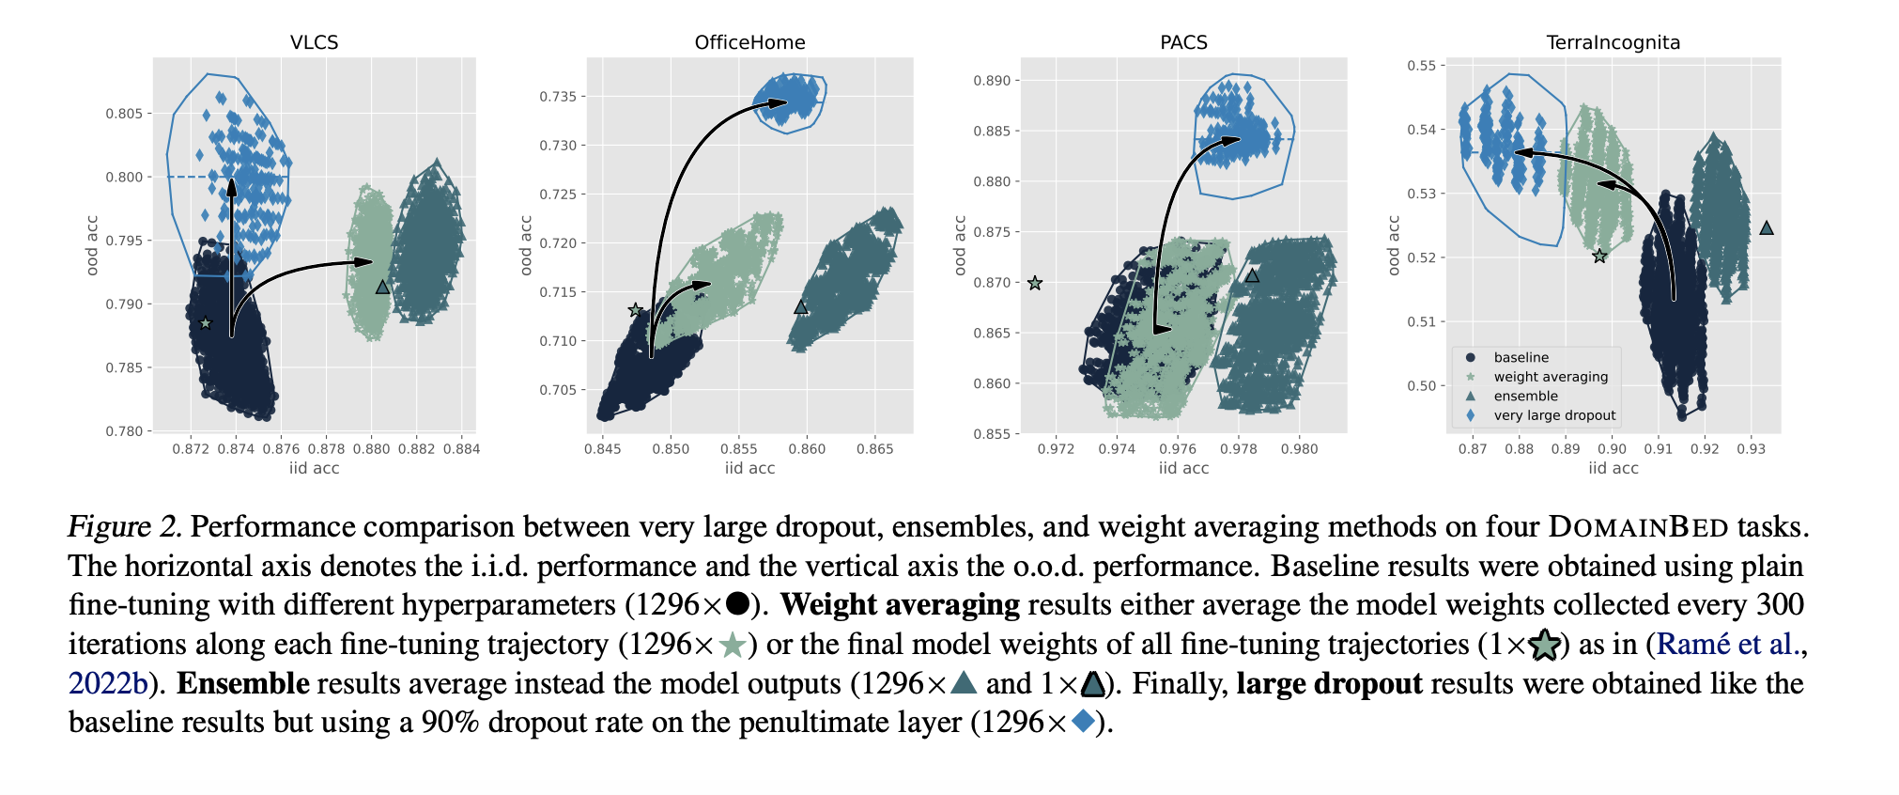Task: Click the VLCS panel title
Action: coord(314,42)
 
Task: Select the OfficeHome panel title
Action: coord(749,42)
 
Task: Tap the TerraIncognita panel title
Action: coord(1613,42)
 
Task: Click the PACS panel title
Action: coord(1183,42)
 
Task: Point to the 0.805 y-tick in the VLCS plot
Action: coord(124,114)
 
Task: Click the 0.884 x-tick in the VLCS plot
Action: coord(461,449)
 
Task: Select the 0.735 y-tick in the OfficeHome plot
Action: coord(558,97)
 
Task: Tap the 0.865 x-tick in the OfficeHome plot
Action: coord(874,449)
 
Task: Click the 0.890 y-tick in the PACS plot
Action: coord(992,81)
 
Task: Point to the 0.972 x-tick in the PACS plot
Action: coord(1056,449)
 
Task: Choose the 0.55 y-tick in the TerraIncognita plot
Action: coord(1421,66)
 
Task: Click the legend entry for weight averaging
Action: coord(1551,377)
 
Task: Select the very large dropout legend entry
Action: coord(1554,415)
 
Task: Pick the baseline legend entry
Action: coord(1521,357)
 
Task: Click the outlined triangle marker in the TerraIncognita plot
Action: coord(1766,228)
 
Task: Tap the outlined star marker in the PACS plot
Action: coord(1035,283)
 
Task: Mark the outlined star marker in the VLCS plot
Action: coord(206,323)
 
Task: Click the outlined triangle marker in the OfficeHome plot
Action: coord(801,307)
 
